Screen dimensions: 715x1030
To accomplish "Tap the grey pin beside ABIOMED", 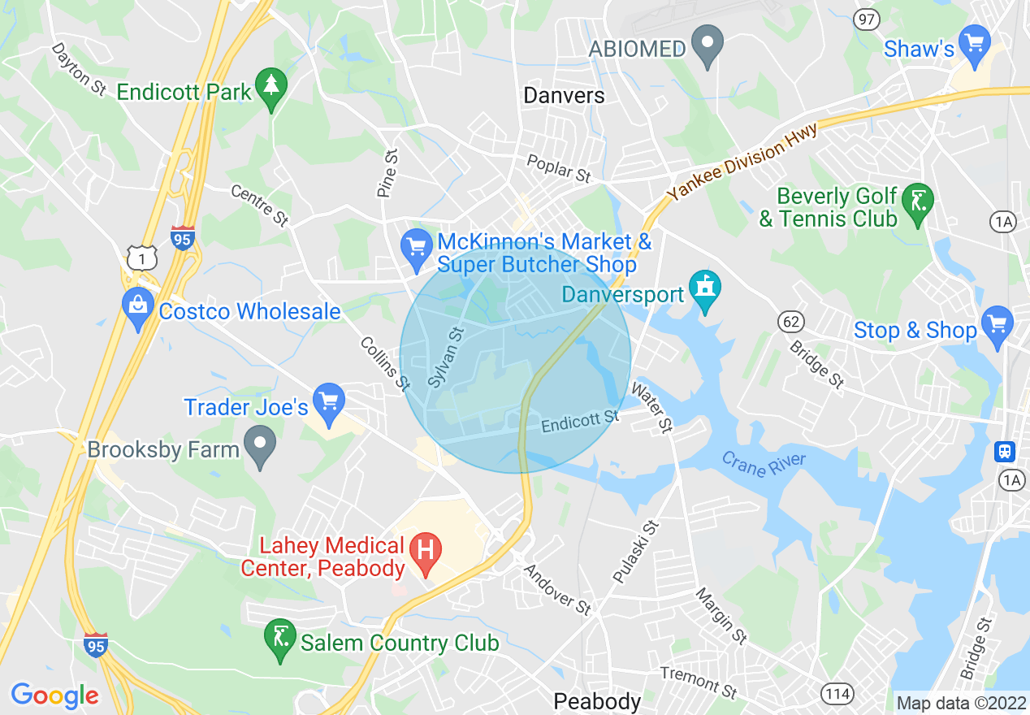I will (x=708, y=45).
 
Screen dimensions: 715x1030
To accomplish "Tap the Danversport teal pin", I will (x=704, y=290).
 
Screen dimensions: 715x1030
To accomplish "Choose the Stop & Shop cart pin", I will (x=998, y=326).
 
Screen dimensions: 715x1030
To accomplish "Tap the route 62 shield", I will (x=790, y=322).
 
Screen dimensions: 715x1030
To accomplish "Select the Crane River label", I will (x=764, y=464).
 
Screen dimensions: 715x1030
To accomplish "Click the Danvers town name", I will (x=564, y=95).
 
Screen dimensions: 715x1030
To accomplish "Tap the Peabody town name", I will (x=597, y=700).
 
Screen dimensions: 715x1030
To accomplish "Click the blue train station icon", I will (x=1006, y=451).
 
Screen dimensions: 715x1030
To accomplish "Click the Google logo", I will (x=54, y=695).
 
